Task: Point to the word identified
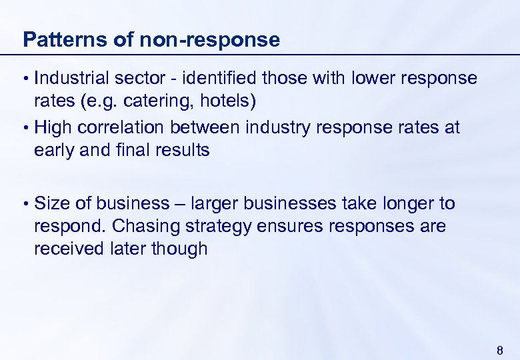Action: click(x=221, y=78)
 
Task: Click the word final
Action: click(x=125, y=151)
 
